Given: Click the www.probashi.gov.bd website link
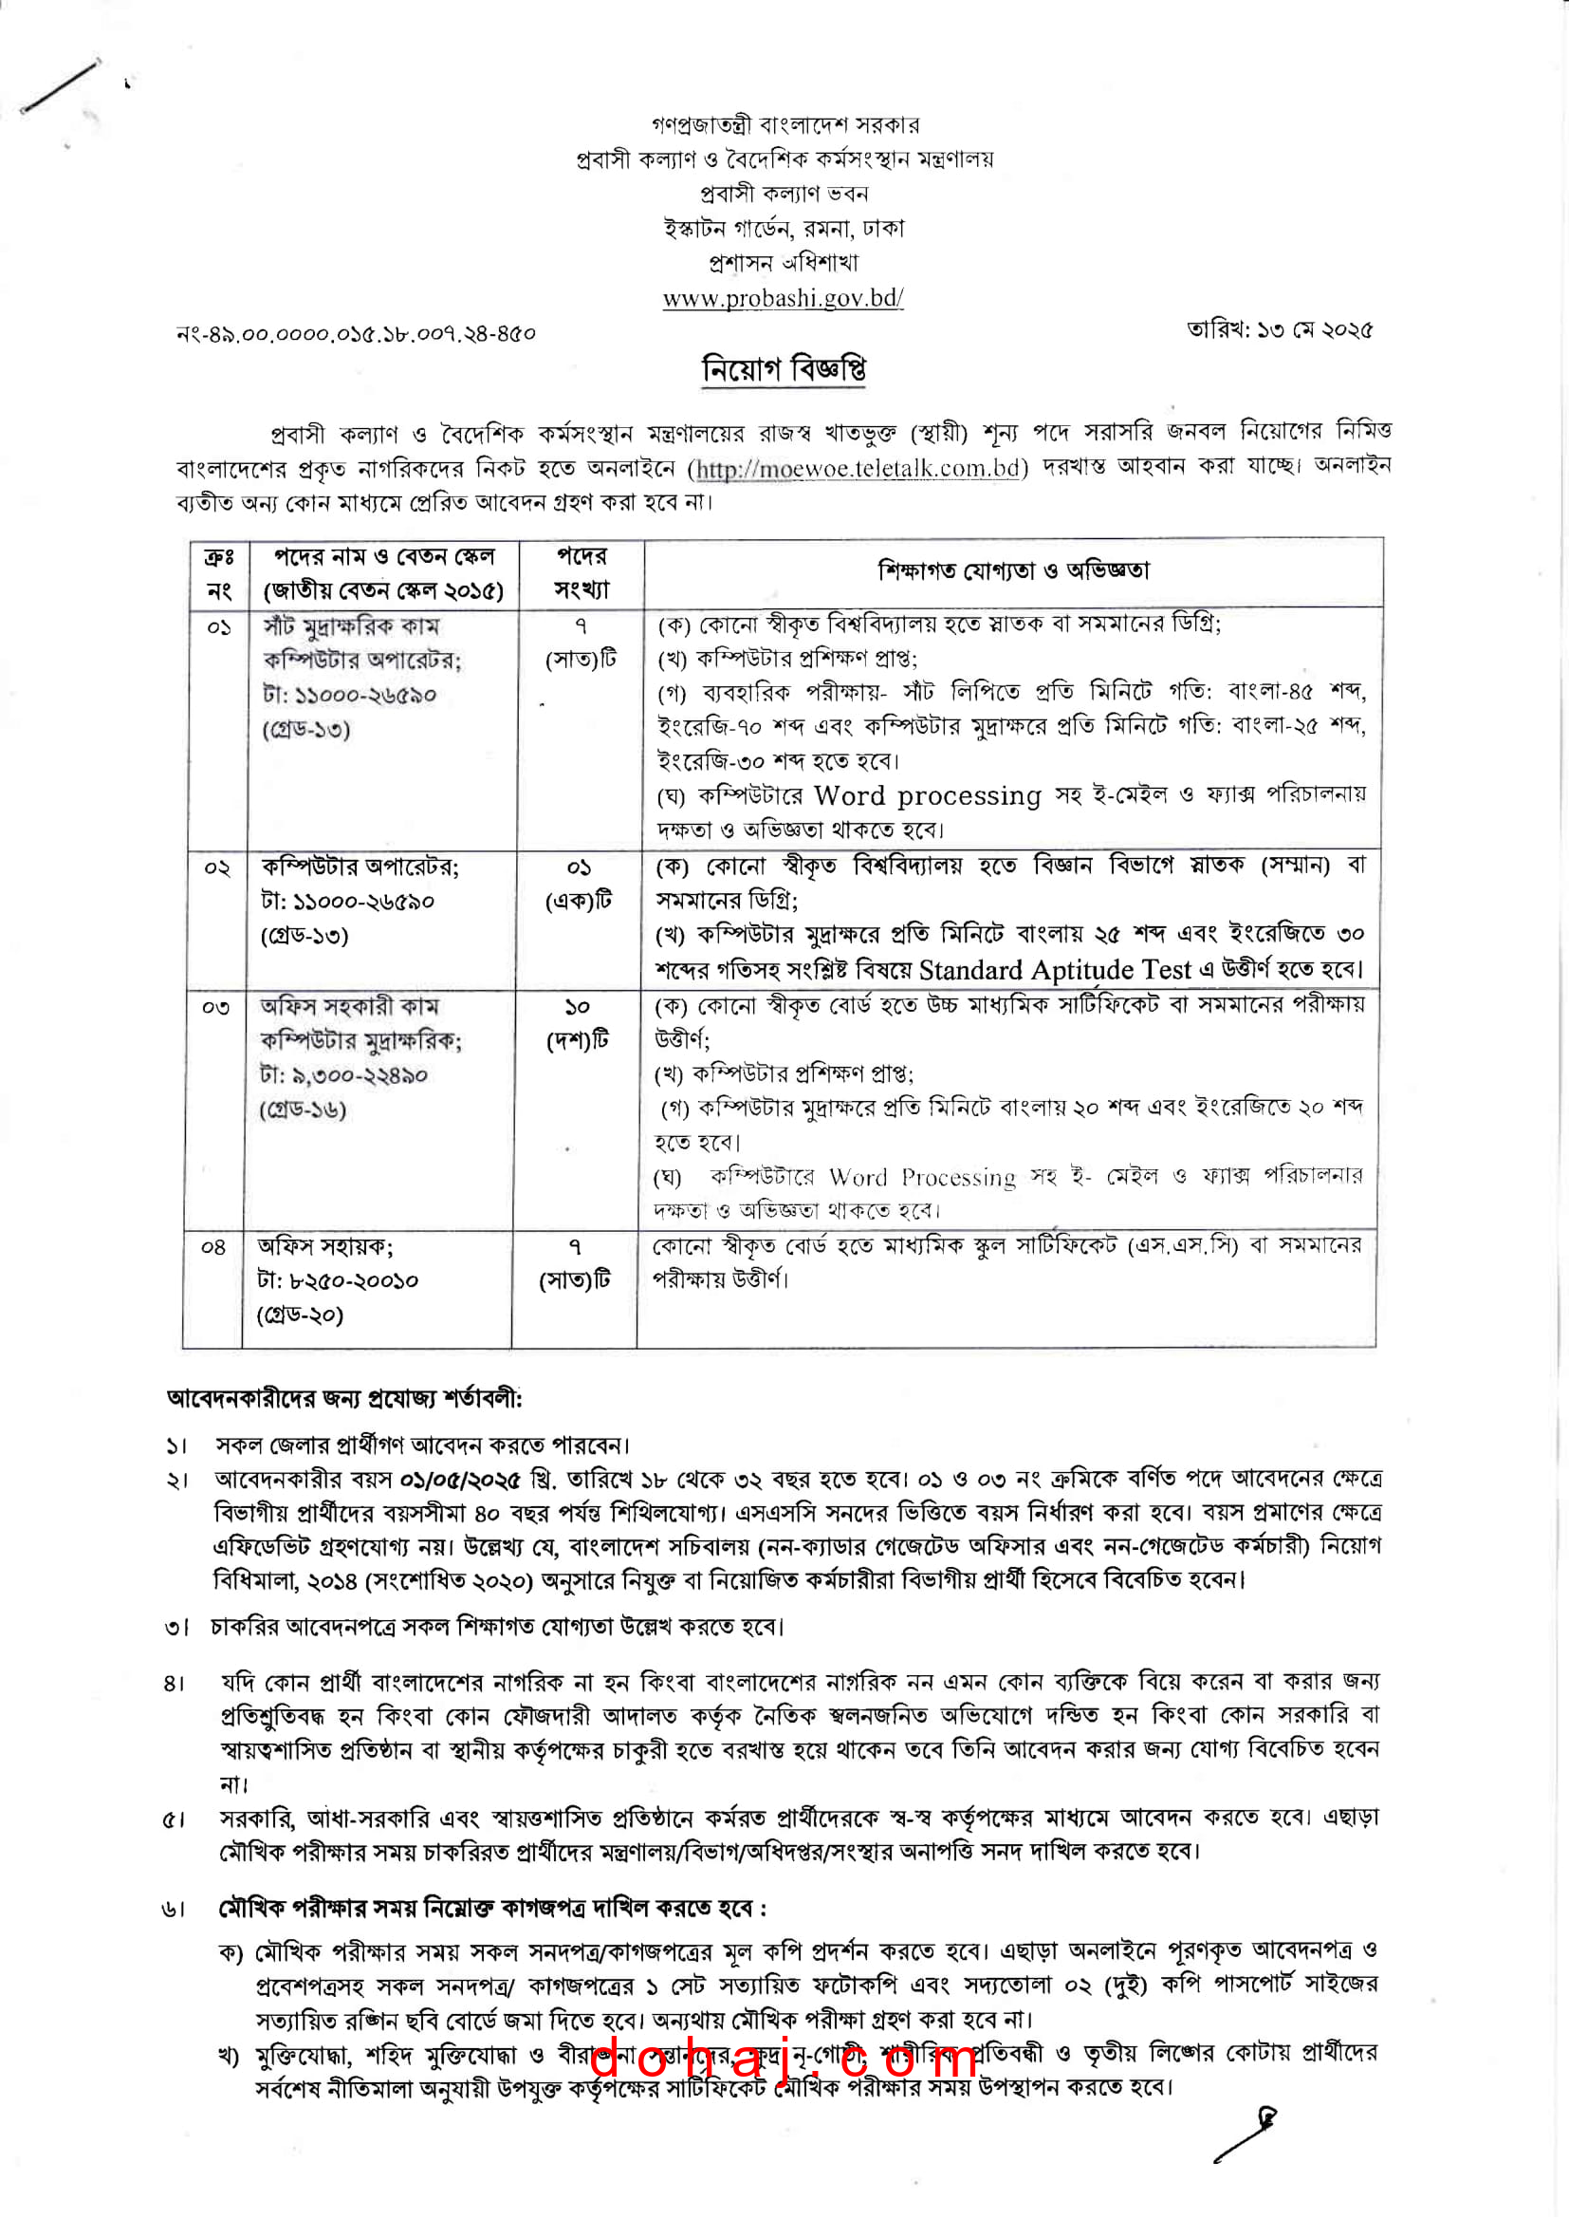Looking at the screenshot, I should pos(783,299).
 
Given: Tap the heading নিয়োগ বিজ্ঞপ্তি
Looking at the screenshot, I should pos(784,369).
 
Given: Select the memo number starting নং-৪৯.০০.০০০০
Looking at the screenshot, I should pos(356,334).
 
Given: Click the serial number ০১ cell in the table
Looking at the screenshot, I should pos(219,628).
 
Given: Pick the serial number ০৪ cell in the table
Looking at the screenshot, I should pos(213,1248).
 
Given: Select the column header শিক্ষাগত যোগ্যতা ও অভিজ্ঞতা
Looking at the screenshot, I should pos(1013,571).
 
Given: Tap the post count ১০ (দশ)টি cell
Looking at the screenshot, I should pos(577,1023).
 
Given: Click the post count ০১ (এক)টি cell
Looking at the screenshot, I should pos(579,885).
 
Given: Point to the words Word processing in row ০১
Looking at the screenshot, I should pos(927,795).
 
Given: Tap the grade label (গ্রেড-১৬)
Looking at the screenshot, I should pos(303,1109).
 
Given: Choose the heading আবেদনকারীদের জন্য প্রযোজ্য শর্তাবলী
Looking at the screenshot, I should pos(344,1398).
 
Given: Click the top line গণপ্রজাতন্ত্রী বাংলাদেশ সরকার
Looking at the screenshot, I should pos(784,124).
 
